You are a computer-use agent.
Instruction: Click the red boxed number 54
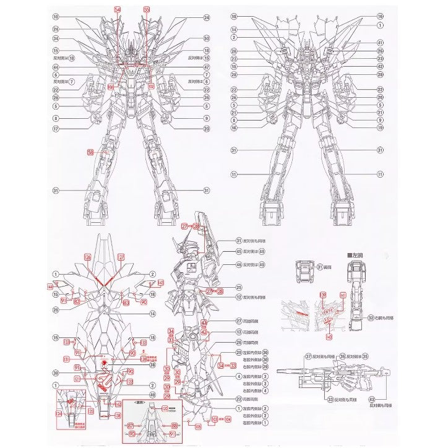click(x=118, y=10)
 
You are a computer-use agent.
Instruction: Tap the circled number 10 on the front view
click(x=55, y=17)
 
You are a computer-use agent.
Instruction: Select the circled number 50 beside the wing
click(x=207, y=38)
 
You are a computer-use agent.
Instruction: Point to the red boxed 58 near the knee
click(x=90, y=152)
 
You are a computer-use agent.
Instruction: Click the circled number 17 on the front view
click(x=55, y=129)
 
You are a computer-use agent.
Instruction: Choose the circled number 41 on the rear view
click(x=380, y=42)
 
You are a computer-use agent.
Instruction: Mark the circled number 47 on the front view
click(x=207, y=67)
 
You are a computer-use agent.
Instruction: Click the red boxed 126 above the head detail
click(x=87, y=256)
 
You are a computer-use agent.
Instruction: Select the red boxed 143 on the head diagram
click(x=161, y=283)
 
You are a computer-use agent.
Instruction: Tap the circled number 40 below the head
click(x=152, y=395)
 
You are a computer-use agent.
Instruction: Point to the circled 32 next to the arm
click(x=371, y=317)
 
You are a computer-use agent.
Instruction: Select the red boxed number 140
click(x=328, y=337)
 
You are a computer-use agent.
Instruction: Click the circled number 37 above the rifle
click(x=308, y=356)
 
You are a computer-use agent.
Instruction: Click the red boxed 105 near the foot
click(x=197, y=426)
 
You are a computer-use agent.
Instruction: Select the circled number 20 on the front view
click(x=207, y=129)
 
